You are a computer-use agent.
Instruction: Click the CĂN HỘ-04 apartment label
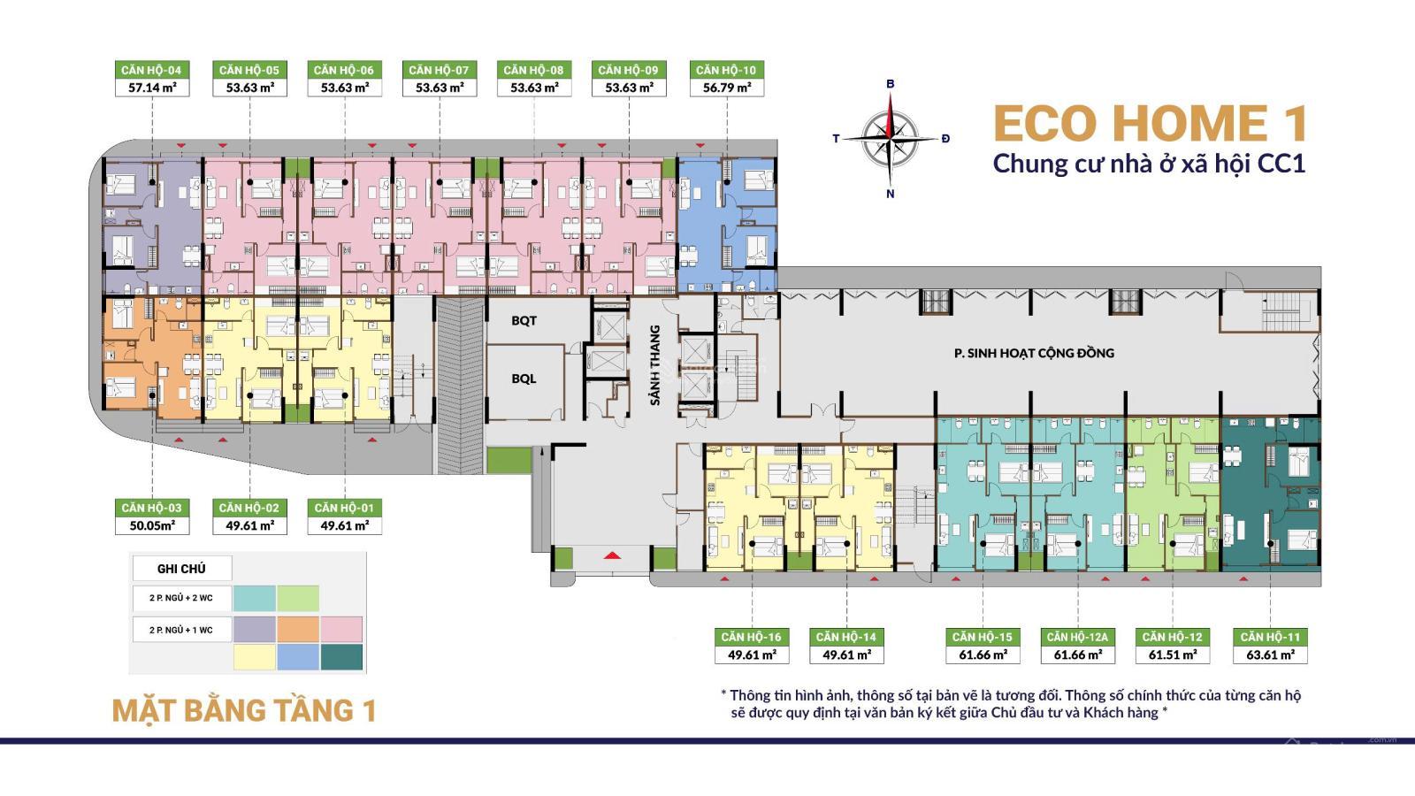tap(151, 70)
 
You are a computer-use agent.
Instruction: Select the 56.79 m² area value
tap(727, 88)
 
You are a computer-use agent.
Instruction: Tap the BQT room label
tap(524, 321)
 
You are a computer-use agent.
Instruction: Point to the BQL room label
tap(524, 379)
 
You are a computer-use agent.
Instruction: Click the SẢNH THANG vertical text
tap(655, 365)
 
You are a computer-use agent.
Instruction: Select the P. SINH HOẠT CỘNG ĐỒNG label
tap(1034, 353)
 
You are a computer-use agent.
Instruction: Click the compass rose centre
tap(890, 138)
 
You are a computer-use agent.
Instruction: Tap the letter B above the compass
tap(891, 84)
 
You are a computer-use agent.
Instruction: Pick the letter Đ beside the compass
tap(945, 138)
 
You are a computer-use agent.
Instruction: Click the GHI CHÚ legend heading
tap(181, 570)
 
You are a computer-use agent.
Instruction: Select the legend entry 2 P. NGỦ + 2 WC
tap(181, 598)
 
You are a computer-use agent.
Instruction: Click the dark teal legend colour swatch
tap(341, 657)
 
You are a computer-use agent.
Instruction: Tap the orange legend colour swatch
tap(298, 629)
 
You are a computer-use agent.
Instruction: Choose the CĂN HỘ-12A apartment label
tap(1078, 637)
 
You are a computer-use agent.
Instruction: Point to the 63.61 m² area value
tap(1270, 655)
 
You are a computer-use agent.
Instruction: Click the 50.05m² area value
tap(152, 525)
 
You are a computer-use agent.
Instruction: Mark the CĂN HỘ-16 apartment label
tap(752, 637)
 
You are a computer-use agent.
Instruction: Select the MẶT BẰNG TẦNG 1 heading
tap(244, 710)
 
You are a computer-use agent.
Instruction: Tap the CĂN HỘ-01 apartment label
tap(344, 508)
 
